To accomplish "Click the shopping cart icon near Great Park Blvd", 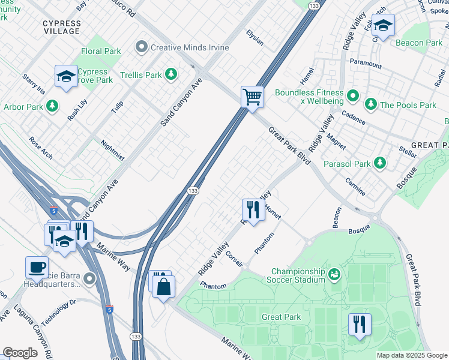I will coord(253,96).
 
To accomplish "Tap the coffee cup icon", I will coord(37,266).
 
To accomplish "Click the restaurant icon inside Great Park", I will coord(359,324).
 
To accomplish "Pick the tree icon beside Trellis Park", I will coord(172,74).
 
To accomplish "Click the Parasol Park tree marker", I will coord(379,163).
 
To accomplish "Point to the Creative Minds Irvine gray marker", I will coord(142,46).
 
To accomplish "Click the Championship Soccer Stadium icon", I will coord(334,275).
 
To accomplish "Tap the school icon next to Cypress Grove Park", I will coord(66,76).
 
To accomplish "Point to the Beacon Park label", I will coord(419,43).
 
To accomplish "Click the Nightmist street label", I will coord(112,150).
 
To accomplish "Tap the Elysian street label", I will coord(255,38).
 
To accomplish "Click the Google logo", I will coord(20,353).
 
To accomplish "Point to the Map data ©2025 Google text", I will coord(411,355).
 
